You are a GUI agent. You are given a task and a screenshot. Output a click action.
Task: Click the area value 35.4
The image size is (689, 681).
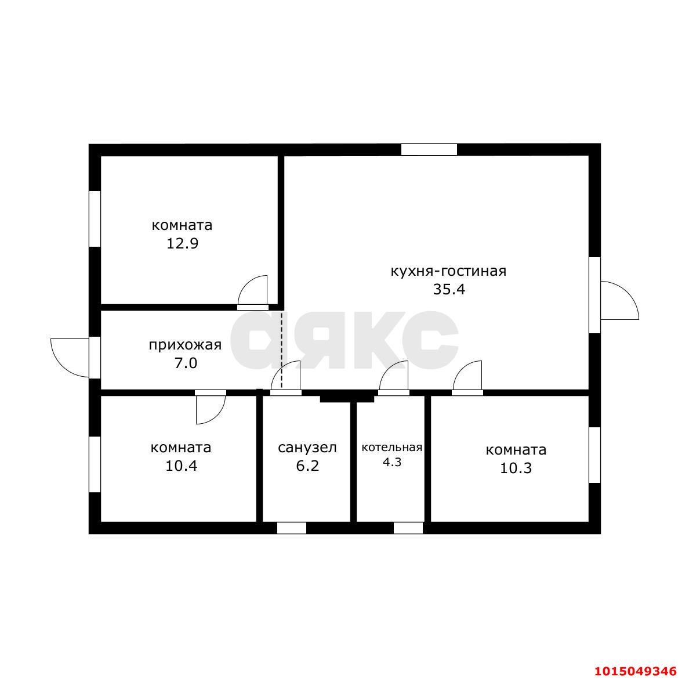click(x=449, y=290)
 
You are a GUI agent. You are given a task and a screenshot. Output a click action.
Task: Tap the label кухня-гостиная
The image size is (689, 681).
click(x=448, y=271)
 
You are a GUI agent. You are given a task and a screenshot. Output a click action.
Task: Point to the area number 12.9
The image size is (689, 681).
click(x=182, y=243)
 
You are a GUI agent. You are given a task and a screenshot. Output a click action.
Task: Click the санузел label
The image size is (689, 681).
click(x=307, y=448)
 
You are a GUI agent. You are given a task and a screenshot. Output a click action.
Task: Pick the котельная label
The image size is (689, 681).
click(x=391, y=448)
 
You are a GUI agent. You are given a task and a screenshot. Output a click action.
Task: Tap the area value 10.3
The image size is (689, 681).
click(x=516, y=468)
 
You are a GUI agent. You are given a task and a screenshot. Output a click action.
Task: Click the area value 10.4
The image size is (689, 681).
click(x=181, y=466)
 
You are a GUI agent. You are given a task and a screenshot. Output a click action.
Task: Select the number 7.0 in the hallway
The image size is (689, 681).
click(x=186, y=363)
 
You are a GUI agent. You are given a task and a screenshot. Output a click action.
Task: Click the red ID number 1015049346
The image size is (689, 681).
click(x=636, y=671)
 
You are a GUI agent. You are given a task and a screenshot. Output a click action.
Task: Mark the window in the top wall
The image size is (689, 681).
click(x=429, y=150)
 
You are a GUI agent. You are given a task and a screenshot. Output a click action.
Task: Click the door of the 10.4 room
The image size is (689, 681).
click(x=211, y=409)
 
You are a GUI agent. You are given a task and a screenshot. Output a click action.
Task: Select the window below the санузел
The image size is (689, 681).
click(x=292, y=528)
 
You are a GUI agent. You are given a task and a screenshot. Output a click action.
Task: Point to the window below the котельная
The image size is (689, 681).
click(x=408, y=528)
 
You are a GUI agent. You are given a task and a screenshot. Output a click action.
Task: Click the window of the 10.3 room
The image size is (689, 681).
click(x=594, y=455)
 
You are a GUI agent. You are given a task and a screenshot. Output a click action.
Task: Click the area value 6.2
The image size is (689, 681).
click(x=307, y=466)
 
